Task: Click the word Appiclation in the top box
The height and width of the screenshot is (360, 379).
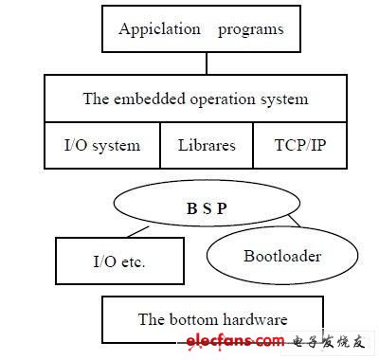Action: (x=159, y=29)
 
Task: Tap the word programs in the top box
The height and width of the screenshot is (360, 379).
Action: (x=251, y=29)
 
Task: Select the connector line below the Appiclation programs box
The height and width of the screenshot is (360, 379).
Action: (x=206, y=63)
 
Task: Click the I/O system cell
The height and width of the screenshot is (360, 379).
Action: (x=101, y=145)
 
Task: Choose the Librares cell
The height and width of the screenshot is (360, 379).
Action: (x=207, y=145)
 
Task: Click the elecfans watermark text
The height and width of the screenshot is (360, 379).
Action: (x=248, y=341)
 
